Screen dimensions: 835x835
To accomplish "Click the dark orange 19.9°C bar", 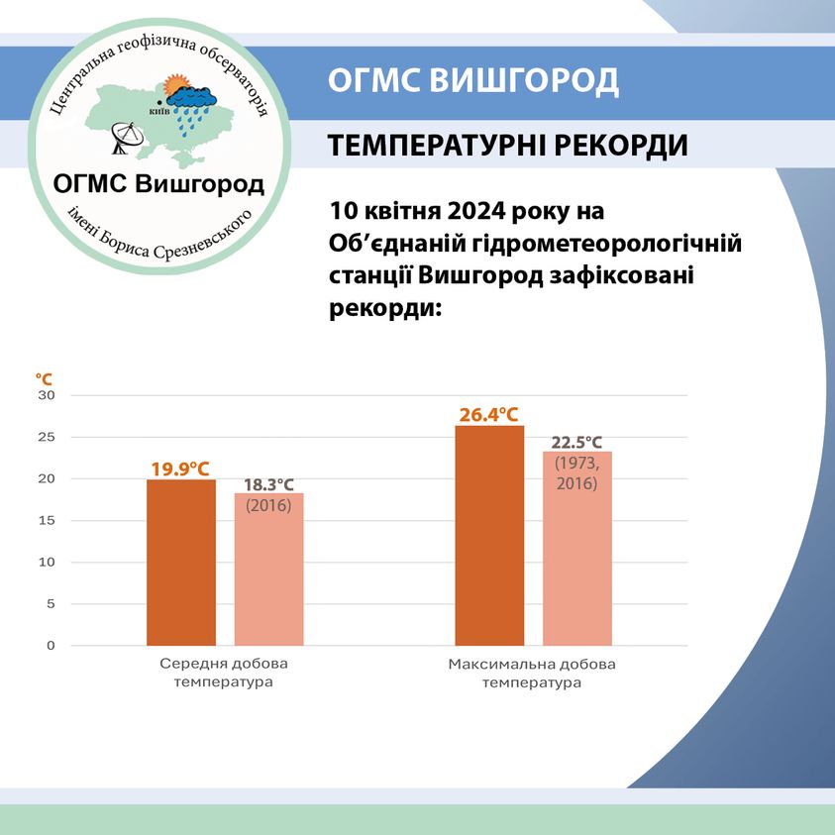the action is point(181,563).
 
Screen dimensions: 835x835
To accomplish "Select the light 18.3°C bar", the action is point(269,570).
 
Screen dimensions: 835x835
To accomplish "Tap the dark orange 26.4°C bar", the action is point(489,535).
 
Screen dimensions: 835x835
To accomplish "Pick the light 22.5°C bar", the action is point(577,549).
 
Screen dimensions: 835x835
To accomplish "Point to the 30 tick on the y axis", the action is point(47,395).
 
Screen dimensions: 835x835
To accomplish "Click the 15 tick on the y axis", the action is point(47,520).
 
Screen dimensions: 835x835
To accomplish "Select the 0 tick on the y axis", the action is point(51,646).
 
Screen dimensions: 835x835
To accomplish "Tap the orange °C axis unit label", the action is point(44,379).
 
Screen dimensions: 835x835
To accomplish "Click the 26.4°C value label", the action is point(489,415).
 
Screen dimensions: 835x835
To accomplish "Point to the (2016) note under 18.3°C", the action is point(268,505).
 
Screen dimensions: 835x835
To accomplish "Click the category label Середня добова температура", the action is point(224,673).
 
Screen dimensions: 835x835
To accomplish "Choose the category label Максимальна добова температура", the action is point(532,674).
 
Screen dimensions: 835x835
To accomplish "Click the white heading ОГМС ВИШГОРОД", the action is point(472,81).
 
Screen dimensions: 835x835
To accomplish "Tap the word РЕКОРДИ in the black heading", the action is point(621,145).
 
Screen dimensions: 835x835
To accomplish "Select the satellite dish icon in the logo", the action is point(127,138).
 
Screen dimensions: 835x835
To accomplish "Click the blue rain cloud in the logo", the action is point(190,97).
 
